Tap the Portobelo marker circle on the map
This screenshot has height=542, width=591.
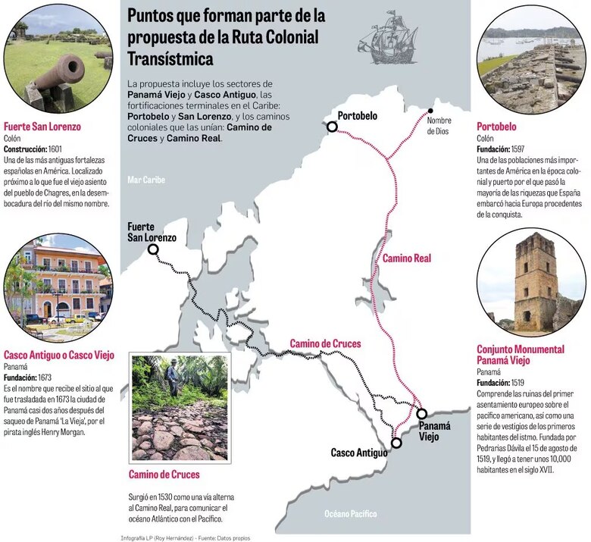tap(332, 127)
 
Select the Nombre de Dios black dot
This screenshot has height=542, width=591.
tap(431, 110)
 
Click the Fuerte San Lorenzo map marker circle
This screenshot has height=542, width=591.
tap(153, 249)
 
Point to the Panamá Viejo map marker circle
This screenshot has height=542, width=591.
tap(421, 414)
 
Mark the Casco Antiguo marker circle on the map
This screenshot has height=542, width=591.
tap(396, 443)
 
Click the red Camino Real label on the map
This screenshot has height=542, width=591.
tap(406, 258)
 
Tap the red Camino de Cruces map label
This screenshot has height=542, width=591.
tap(326, 344)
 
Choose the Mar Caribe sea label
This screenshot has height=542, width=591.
tap(146, 180)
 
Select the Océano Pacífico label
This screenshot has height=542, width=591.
tap(351, 514)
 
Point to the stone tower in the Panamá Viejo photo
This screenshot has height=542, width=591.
tap(535, 280)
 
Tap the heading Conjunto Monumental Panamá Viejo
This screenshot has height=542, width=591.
tap(520, 355)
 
